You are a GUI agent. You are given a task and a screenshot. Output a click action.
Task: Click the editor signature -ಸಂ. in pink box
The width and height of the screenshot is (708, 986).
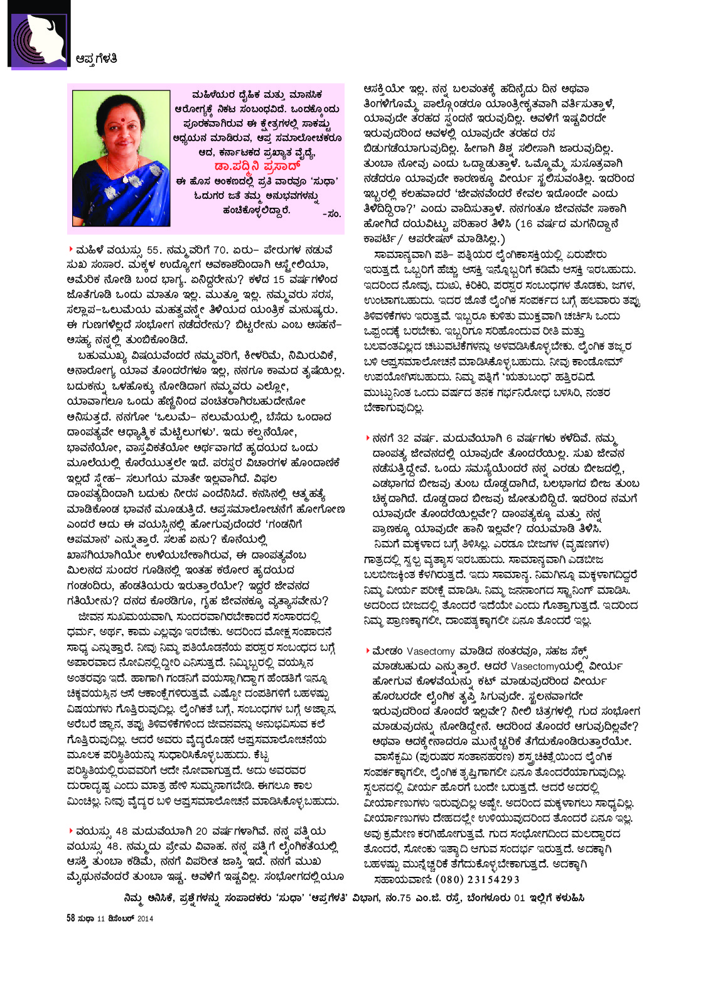[331, 214]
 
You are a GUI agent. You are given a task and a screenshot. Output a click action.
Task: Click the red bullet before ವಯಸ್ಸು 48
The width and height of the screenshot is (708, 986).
[70, 830]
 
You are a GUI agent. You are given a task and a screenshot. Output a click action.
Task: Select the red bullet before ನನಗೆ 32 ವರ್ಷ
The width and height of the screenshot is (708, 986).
[368, 437]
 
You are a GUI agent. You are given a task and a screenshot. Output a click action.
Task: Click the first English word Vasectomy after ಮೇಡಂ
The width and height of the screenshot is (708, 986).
[431, 651]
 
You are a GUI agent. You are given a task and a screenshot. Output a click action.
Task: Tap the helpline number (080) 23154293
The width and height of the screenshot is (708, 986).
[477, 879]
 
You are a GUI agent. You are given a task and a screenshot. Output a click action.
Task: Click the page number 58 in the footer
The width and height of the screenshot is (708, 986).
[71, 918]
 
